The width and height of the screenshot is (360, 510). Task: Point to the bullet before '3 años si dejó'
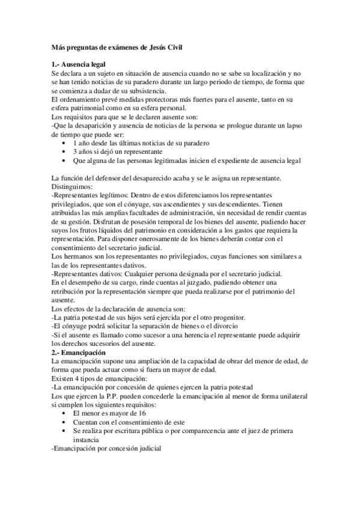coord(64,153)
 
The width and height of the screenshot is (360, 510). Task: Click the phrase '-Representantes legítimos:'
coord(92,196)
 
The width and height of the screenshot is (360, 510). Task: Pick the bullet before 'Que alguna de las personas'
coord(64,161)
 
